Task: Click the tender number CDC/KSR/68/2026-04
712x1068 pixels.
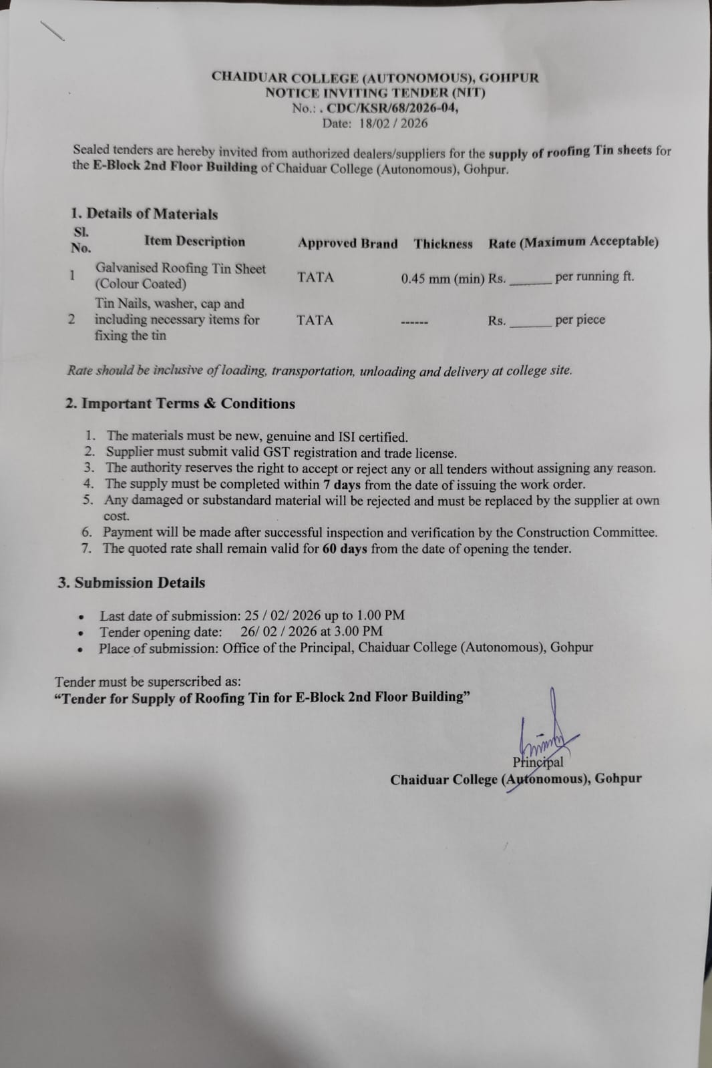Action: pyautogui.click(x=393, y=108)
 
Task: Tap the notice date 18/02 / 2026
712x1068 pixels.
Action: pyautogui.click(x=393, y=123)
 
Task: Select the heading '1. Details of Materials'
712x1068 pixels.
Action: pyautogui.click(x=144, y=214)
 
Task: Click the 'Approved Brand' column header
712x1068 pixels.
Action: pyautogui.click(x=347, y=244)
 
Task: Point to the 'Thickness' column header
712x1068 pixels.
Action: pyautogui.click(x=443, y=244)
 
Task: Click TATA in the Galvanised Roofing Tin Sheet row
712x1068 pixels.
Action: pyautogui.click(x=315, y=277)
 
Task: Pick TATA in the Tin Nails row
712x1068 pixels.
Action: pyautogui.click(x=315, y=320)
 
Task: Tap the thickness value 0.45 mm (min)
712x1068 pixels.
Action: pyautogui.click(x=442, y=278)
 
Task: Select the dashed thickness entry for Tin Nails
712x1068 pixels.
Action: pyautogui.click(x=414, y=323)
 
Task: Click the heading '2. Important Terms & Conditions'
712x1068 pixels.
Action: pyautogui.click(x=180, y=404)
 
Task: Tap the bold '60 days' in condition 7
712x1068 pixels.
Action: pyautogui.click(x=345, y=549)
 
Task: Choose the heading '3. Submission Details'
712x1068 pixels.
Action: pyautogui.click(x=132, y=583)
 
